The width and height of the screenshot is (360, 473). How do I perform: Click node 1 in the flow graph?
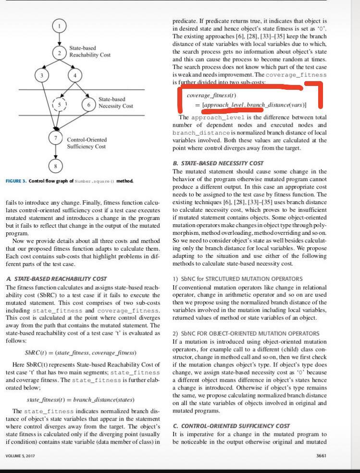point(59,25)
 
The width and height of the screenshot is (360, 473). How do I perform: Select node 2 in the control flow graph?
point(59,52)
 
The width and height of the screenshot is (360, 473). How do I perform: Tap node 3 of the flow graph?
point(42,75)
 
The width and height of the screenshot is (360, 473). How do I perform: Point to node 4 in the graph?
point(75,76)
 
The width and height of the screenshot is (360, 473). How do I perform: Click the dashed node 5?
point(59,104)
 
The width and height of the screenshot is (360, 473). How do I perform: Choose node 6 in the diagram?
point(88,104)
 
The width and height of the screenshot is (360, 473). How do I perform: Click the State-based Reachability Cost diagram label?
point(90,51)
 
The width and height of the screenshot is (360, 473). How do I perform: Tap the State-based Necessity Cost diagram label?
point(115,103)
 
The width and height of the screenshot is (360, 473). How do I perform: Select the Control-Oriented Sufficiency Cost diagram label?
point(87,143)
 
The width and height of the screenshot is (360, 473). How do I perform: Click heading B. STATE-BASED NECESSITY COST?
point(218,163)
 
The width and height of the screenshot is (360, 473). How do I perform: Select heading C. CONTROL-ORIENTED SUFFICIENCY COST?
point(231,426)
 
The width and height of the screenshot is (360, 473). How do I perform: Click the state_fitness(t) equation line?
point(80,400)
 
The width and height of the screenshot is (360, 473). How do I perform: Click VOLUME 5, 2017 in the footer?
point(20,455)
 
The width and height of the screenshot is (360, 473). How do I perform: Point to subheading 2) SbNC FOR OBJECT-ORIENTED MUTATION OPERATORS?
point(245,333)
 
